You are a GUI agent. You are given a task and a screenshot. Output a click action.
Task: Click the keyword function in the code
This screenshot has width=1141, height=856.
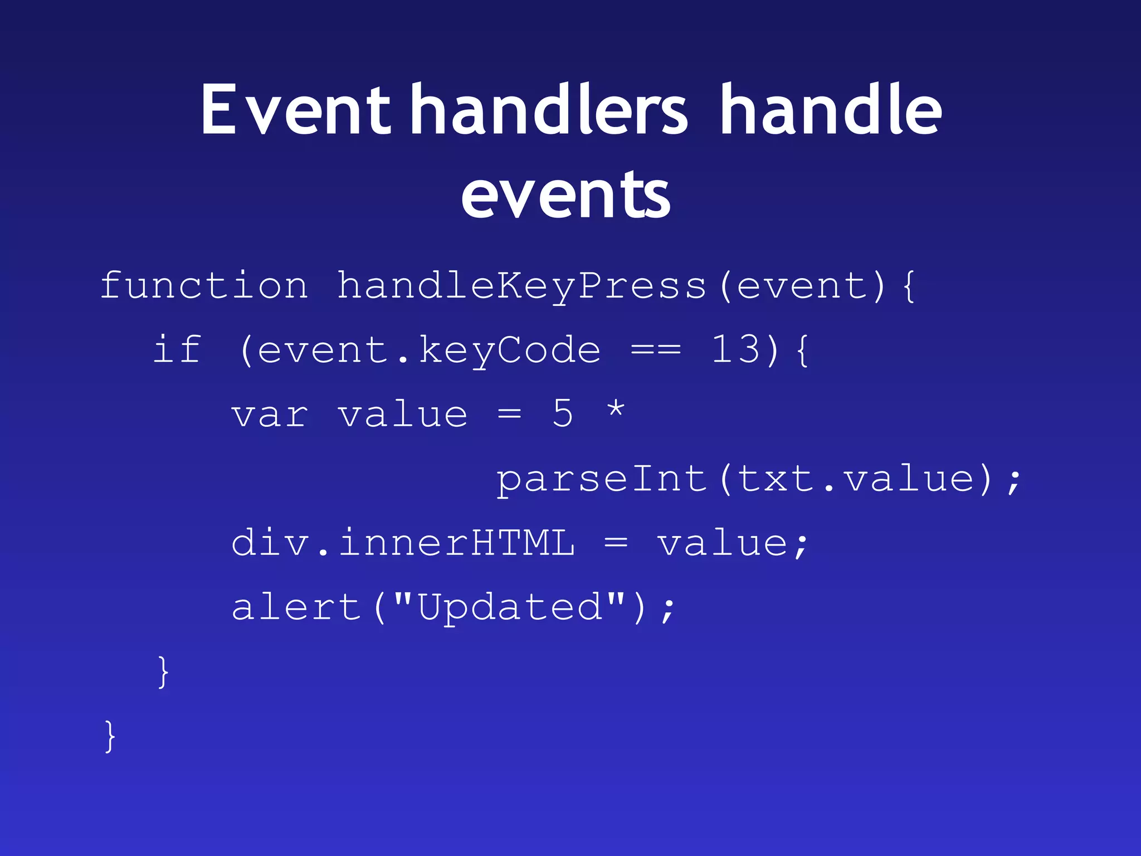pyautogui.click(x=204, y=285)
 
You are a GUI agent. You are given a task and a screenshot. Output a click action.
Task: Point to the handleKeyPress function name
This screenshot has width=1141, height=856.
pyautogui.click(x=521, y=285)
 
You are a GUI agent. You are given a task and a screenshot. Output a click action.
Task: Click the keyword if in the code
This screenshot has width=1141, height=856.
pyautogui.click(x=177, y=349)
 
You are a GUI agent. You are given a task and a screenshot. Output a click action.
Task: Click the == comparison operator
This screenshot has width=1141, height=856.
pyautogui.click(x=655, y=351)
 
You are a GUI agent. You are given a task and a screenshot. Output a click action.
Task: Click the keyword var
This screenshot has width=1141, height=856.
pyautogui.click(x=270, y=415)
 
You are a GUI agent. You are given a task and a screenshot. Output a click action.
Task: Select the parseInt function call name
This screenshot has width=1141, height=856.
pyautogui.click(x=602, y=479)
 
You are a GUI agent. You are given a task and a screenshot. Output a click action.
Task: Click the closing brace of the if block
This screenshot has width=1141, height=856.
pyautogui.click(x=163, y=672)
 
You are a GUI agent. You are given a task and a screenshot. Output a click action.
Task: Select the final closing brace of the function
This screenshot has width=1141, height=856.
pyautogui.click(x=110, y=736)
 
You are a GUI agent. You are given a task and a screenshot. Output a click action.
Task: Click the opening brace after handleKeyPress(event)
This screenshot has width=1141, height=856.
pyautogui.click(x=908, y=286)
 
